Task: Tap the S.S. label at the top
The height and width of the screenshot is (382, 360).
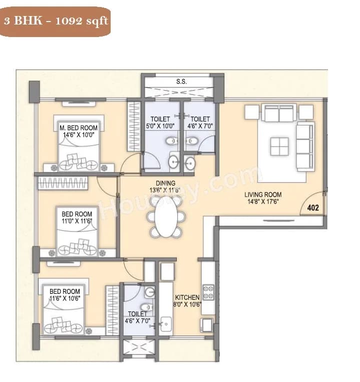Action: [x=181, y=81]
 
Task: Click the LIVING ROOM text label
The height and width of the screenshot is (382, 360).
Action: [x=263, y=195]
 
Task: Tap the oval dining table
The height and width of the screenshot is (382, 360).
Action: [x=166, y=216]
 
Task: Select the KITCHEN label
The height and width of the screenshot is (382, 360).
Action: [x=187, y=297]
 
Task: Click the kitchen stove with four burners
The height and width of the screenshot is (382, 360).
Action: [x=208, y=292]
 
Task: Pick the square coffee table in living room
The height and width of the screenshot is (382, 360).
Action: [x=279, y=147]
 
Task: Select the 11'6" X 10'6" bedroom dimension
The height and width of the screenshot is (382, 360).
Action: [x=65, y=298]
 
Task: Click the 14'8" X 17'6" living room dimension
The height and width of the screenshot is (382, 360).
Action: [x=263, y=202]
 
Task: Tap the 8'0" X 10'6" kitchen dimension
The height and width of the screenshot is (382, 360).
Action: [x=187, y=304]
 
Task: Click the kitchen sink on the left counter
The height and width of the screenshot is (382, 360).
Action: [x=165, y=322]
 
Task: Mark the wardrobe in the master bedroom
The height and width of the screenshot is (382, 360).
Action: [x=134, y=126]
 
